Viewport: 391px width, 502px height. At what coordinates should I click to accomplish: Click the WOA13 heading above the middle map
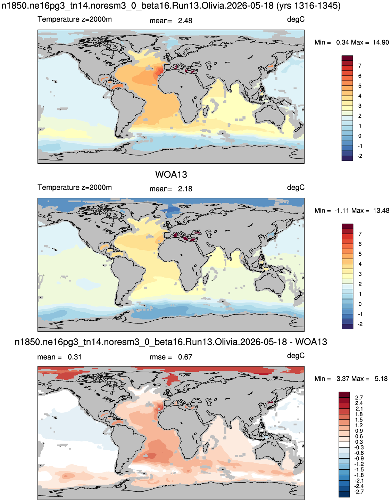click(x=171, y=174)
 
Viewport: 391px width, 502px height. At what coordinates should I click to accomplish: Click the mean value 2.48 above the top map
click(x=185, y=21)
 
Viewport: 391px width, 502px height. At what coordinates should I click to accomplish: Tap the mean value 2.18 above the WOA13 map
click(x=185, y=189)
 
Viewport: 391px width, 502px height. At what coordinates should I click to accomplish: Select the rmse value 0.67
click(x=185, y=357)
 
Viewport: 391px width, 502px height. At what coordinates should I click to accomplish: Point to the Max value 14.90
click(x=381, y=42)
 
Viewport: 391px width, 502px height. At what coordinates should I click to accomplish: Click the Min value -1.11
click(x=341, y=211)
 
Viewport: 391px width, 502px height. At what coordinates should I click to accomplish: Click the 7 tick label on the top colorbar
click(x=360, y=66)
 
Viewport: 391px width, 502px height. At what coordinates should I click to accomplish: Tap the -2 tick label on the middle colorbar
click(x=360, y=324)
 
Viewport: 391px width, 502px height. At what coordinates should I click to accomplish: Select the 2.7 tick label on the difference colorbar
click(x=359, y=397)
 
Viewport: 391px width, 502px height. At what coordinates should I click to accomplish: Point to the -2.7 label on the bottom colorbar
click(x=359, y=492)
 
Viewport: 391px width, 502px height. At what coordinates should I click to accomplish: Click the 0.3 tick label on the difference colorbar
click(x=359, y=442)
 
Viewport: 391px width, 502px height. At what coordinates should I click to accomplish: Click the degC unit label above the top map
click(x=296, y=20)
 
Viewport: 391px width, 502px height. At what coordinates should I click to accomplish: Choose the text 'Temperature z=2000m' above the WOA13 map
click(x=75, y=187)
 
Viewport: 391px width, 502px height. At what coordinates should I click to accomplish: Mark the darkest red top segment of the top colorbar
click(x=347, y=58)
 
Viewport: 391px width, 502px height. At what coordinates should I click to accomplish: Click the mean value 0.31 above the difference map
click(x=75, y=357)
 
